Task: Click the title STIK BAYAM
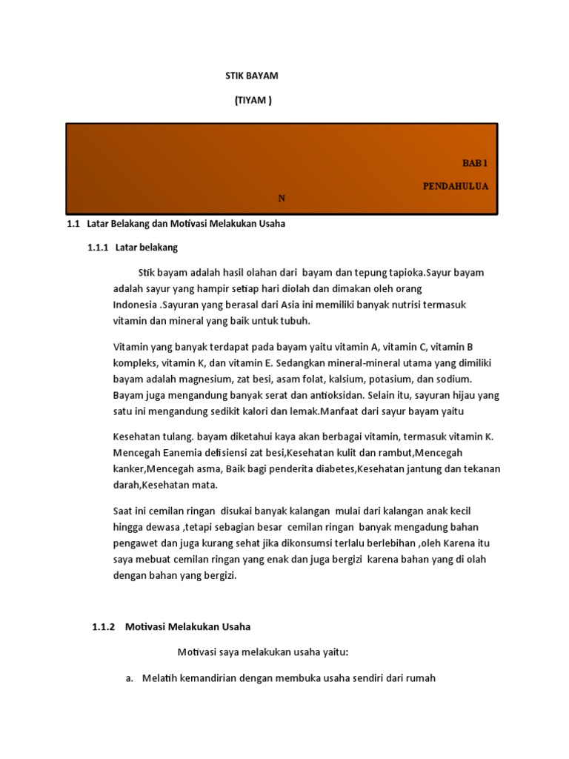(251, 76)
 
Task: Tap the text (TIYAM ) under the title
(253, 101)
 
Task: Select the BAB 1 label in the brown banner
(476, 162)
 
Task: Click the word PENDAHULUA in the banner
(455, 186)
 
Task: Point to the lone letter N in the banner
(282, 199)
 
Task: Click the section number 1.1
(73, 223)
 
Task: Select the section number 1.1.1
(98, 247)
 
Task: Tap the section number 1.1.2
(104, 626)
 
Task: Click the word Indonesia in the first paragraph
(135, 305)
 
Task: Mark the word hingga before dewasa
(128, 526)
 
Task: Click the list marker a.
(129, 677)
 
